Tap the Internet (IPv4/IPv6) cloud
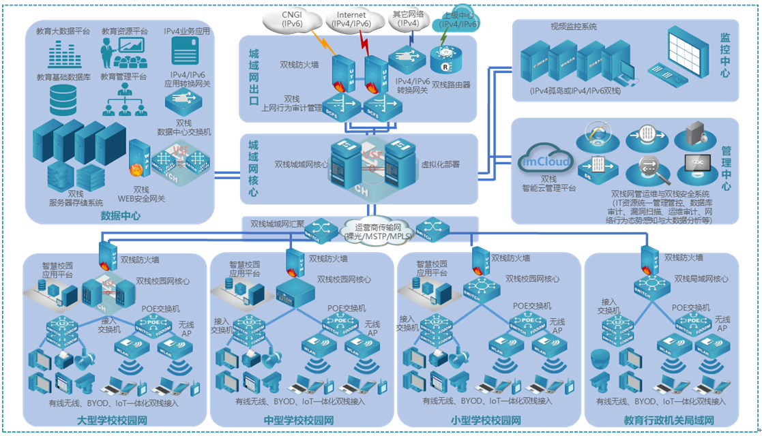[x=351, y=18]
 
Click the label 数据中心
[x=121, y=216]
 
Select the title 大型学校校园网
[x=113, y=420]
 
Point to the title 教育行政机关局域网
[x=669, y=420]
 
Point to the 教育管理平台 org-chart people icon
[x=123, y=100]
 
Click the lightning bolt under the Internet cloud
[x=365, y=45]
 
